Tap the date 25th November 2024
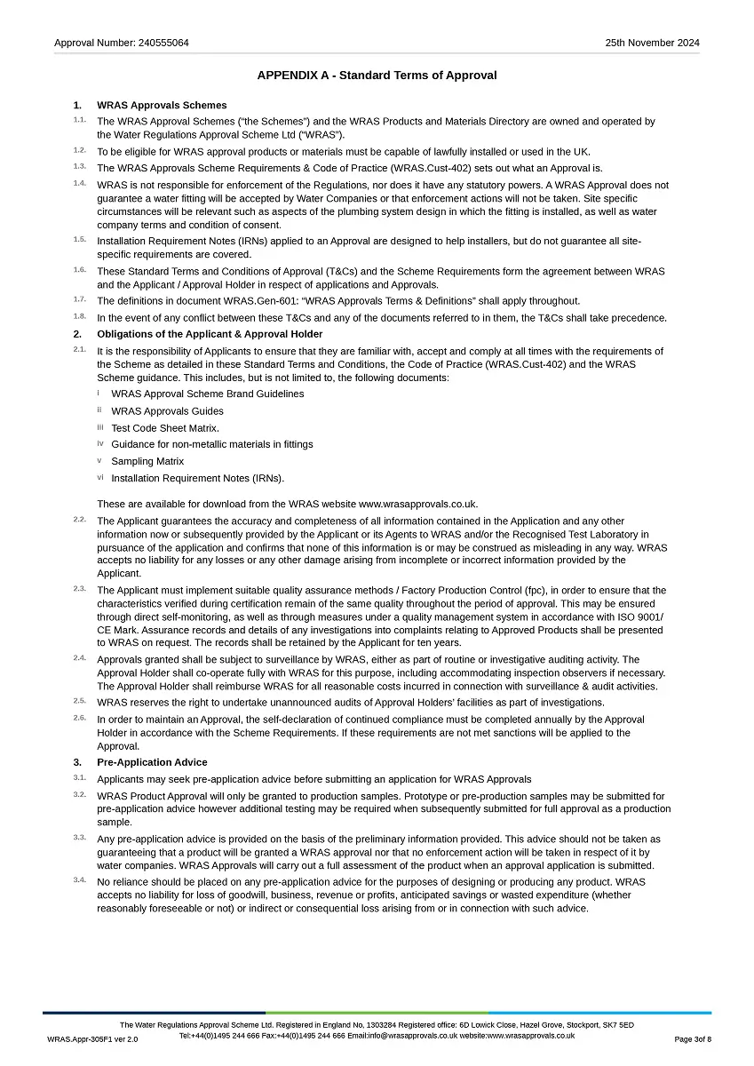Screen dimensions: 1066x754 [652, 43]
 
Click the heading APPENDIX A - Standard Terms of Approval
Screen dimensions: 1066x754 [377, 76]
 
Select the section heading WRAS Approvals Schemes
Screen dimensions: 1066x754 [162, 105]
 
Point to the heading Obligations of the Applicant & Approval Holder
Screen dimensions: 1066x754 [210, 334]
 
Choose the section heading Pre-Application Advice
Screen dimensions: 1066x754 [152, 762]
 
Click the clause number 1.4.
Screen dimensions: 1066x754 [80, 184]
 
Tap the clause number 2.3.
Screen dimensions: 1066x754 [80, 589]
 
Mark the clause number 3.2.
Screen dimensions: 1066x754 [80, 795]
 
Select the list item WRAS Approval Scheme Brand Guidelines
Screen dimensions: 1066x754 [207, 394]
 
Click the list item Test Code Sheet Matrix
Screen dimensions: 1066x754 [165, 428]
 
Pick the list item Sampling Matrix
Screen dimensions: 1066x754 [147, 462]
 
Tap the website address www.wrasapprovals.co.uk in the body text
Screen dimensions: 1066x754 [417, 505]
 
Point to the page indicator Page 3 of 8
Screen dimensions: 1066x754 [693, 1039]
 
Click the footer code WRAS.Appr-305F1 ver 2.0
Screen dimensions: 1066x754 [92, 1039]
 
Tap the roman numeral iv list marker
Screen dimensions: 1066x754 [100, 443]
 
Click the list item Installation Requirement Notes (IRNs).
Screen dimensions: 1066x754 [197, 479]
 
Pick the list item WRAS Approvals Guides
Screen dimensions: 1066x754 [167, 411]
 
